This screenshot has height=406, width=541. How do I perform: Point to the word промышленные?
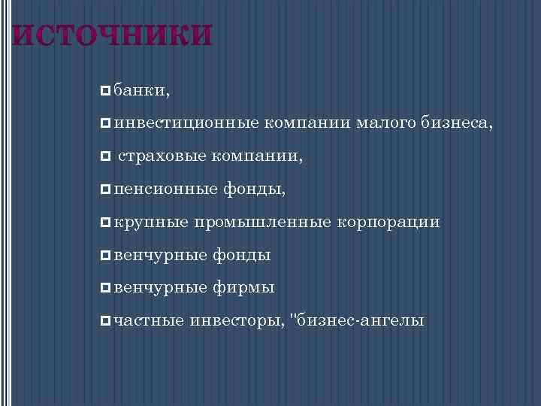(264, 223)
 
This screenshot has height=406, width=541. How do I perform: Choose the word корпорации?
(388, 223)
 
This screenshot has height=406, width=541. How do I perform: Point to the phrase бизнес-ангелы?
(361, 321)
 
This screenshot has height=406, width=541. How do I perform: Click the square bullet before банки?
(104, 91)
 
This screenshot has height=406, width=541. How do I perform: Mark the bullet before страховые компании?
(104, 157)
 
